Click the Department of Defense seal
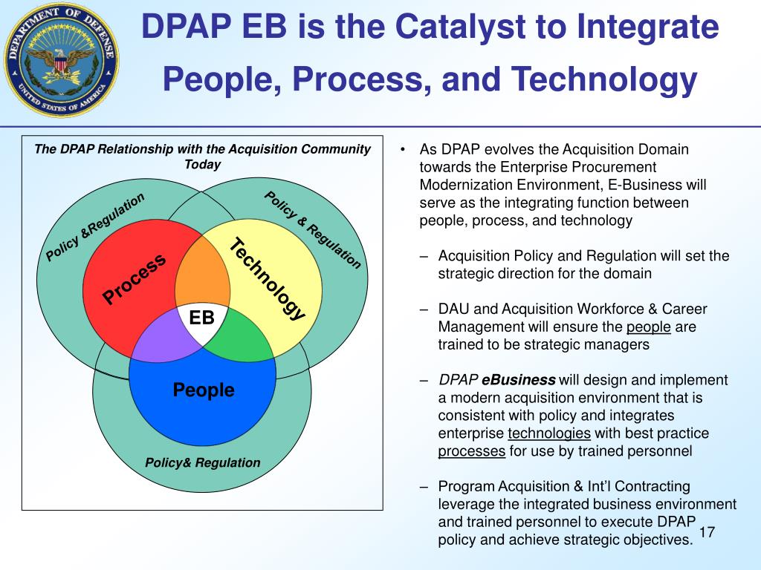[x=60, y=59]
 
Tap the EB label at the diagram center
[x=201, y=318]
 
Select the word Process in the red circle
[x=135, y=278]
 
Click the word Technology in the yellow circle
[x=267, y=279]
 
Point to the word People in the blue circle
[x=203, y=390]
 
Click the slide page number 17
[x=707, y=533]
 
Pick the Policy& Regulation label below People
[x=203, y=462]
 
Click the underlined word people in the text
[x=648, y=327]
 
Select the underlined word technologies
[x=549, y=433]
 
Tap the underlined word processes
[x=472, y=451]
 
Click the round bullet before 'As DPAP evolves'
[x=402, y=150]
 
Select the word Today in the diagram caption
[x=202, y=164]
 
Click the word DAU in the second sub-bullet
[x=453, y=309]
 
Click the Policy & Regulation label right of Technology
[x=313, y=229]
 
